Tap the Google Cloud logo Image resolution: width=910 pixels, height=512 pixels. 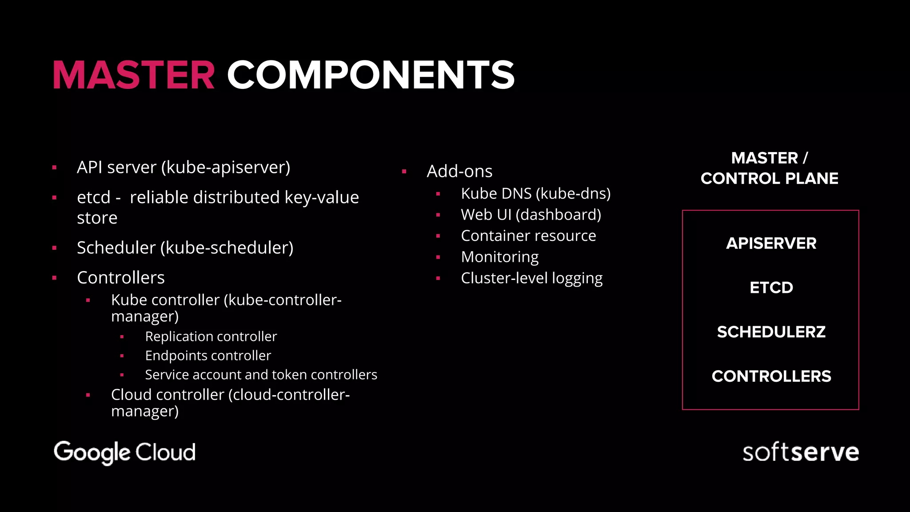124,452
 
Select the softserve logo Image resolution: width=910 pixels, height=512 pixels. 800,452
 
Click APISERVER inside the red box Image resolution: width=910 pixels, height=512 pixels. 771,244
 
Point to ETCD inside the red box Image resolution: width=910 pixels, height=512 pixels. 771,288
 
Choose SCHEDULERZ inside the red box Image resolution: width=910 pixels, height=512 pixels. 771,332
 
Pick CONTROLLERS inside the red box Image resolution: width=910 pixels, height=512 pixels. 771,376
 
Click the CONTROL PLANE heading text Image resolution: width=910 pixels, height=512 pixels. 769,179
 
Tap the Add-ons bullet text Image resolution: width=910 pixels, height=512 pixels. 459,172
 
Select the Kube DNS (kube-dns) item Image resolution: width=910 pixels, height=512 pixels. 535,194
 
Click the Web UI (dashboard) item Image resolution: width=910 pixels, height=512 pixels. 531,215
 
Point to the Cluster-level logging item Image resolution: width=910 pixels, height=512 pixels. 531,278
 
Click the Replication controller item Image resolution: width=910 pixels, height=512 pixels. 211,336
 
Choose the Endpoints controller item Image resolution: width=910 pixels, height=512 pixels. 208,356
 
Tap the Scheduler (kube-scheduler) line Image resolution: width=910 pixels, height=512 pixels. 185,248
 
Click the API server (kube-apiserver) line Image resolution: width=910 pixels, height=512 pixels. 183,168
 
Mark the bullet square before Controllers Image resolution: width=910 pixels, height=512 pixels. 54,278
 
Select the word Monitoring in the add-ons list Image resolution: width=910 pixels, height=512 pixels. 499,257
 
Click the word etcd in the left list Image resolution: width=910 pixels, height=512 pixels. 93,197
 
